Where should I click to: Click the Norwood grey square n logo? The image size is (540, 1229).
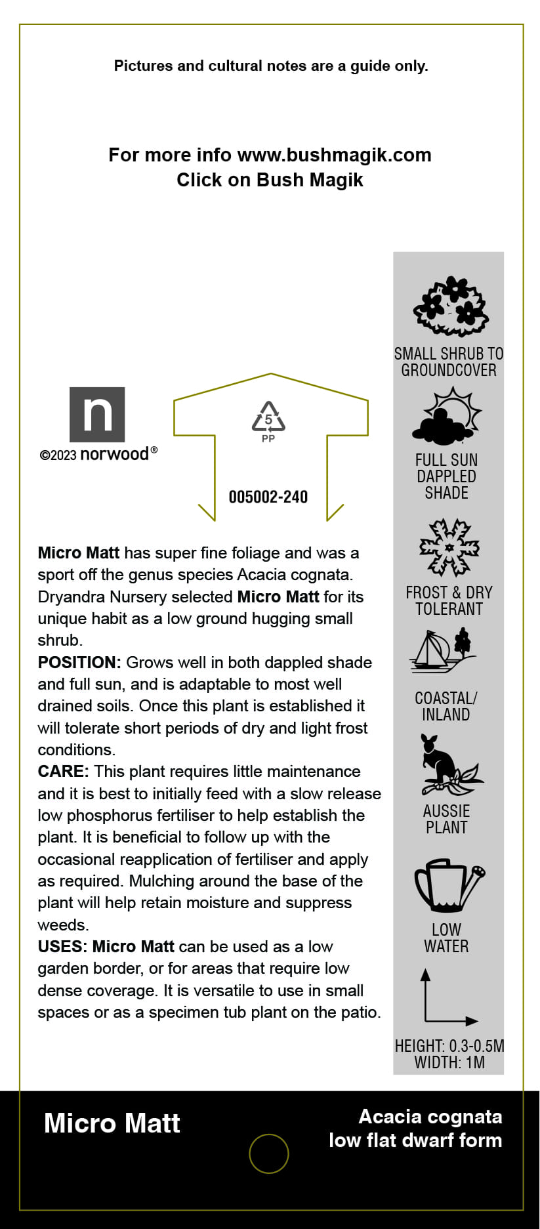pyautogui.click(x=97, y=414)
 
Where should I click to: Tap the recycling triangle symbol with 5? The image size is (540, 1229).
pyautogui.click(x=268, y=417)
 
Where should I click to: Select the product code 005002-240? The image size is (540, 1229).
pyautogui.click(x=268, y=497)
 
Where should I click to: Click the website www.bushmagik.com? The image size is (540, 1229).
pyautogui.click(x=334, y=155)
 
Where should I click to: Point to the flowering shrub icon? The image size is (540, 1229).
pyautogui.click(x=450, y=306)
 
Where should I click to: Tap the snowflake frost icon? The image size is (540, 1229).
pyautogui.click(x=449, y=547)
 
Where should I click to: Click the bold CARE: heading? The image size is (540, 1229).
pyautogui.click(x=63, y=772)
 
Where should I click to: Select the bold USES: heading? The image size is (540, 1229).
pyautogui.click(x=63, y=947)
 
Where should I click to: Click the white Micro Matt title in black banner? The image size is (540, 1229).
pyautogui.click(x=112, y=1123)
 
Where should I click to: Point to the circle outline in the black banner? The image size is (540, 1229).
pyautogui.click(x=269, y=1153)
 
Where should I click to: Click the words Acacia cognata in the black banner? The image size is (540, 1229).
pyautogui.click(x=430, y=1116)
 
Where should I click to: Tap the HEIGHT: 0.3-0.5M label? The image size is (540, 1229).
pyautogui.click(x=449, y=1046)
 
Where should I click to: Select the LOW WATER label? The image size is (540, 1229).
pyautogui.click(x=446, y=938)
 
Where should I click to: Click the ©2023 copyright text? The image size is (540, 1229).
pyautogui.click(x=58, y=455)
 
